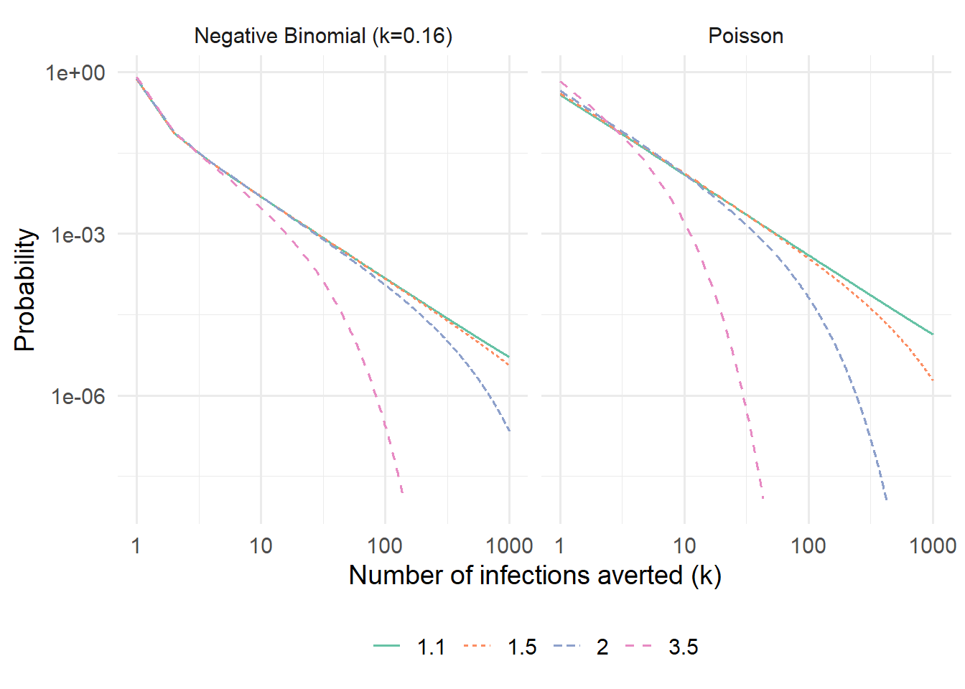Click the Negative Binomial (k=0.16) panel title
(x=323, y=36)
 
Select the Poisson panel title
(x=745, y=36)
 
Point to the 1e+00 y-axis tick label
(x=75, y=72)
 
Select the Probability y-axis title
(x=25, y=290)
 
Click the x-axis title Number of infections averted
(x=535, y=576)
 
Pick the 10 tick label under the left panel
(x=261, y=546)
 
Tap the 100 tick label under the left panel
(x=385, y=546)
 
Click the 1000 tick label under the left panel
(x=509, y=546)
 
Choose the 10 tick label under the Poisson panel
(x=684, y=546)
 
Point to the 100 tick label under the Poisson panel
(x=808, y=546)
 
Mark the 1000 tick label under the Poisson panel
(x=932, y=546)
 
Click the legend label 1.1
(x=431, y=647)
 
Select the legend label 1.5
(x=522, y=647)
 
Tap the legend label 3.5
(x=683, y=647)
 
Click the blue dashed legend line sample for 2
(x=567, y=647)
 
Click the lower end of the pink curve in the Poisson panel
(x=763, y=498)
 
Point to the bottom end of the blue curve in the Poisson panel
(x=887, y=500)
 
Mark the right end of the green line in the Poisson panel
(x=933, y=334)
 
